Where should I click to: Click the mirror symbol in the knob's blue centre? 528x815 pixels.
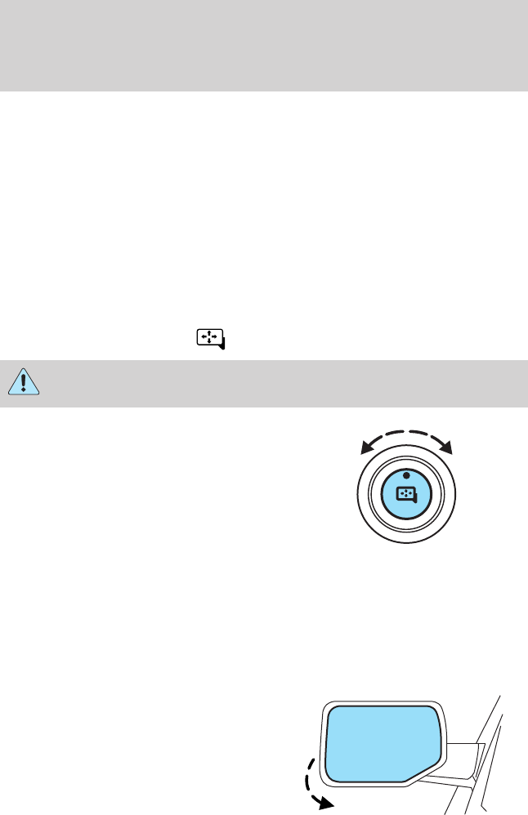pos(405,494)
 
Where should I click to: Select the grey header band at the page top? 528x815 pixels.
pos(264,45)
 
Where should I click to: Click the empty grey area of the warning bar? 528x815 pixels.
pos(278,385)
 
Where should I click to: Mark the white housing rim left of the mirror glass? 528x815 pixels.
pos(320,747)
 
